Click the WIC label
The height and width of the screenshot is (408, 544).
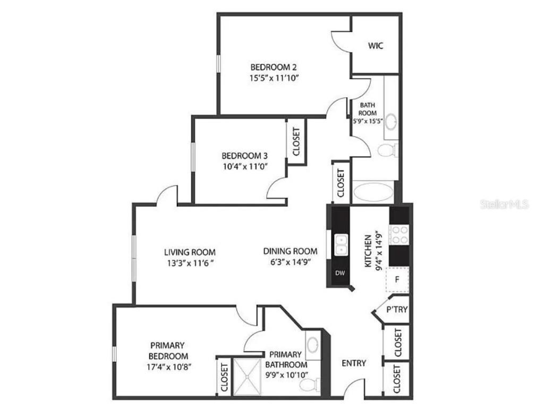tap(376, 46)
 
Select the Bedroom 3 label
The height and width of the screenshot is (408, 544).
tap(244, 156)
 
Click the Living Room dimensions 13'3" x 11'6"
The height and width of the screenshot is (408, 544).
tap(190, 262)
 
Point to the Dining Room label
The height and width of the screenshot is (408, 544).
tap(290, 251)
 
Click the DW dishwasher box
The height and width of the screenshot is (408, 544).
tap(340, 274)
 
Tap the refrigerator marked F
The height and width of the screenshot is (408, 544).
tap(397, 279)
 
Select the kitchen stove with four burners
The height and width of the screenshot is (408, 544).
tap(399, 235)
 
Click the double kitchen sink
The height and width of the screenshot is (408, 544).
tap(341, 245)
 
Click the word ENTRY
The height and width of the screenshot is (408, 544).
tap(353, 363)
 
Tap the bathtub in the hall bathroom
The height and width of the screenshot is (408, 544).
tap(373, 192)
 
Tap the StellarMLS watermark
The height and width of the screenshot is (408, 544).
tap(504, 205)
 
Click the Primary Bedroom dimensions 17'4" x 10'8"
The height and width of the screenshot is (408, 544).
tap(168, 367)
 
